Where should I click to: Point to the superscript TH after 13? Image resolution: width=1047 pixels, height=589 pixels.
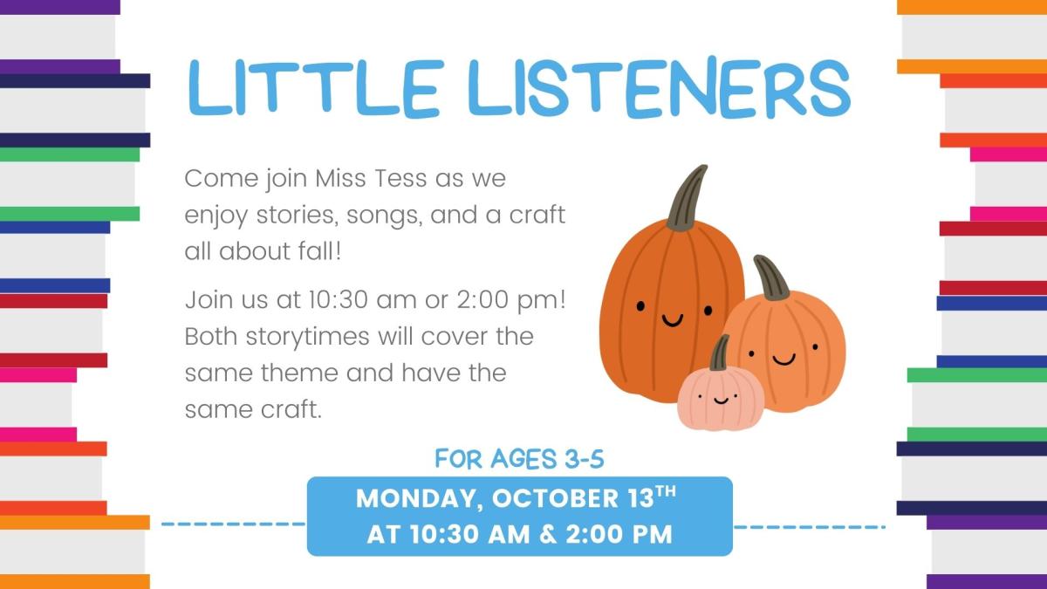pyautogui.click(x=665, y=493)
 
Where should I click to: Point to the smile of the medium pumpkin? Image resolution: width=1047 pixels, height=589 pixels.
pyautogui.click(x=783, y=358)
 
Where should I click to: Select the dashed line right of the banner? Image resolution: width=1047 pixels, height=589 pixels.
pyautogui.click(x=809, y=527)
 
